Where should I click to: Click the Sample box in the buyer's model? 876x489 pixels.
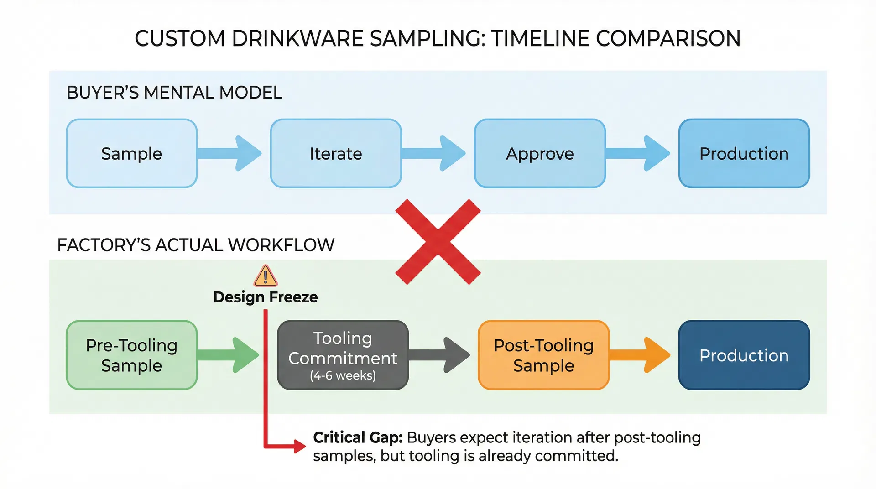(x=131, y=153)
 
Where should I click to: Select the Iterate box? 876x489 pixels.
(x=336, y=153)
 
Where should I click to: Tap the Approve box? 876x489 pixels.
(x=540, y=153)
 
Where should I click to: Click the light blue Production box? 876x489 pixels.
(x=744, y=153)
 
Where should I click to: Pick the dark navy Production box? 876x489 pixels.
(x=744, y=355)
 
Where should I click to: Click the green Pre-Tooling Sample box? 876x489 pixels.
(x=131, y=355)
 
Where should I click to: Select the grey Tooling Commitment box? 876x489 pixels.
(x=343, y=355)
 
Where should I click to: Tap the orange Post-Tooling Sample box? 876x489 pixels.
(x=543, y=355)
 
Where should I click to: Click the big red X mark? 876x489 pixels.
(x=438, y=242)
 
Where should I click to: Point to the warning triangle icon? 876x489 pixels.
(x=266, y=276)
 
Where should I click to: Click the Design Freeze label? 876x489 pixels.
(x=266, y=297)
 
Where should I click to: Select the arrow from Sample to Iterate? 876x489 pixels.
(x=230, y=153)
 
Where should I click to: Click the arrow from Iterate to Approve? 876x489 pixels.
(x=434, y=153)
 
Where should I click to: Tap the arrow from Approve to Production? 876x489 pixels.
(x=639, y=153)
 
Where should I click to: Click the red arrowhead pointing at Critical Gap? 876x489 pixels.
(x=299, y=446)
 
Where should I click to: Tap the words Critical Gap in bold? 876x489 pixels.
(x=358, y=437)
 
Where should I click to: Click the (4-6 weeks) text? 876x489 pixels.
(x=343, y=375)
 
